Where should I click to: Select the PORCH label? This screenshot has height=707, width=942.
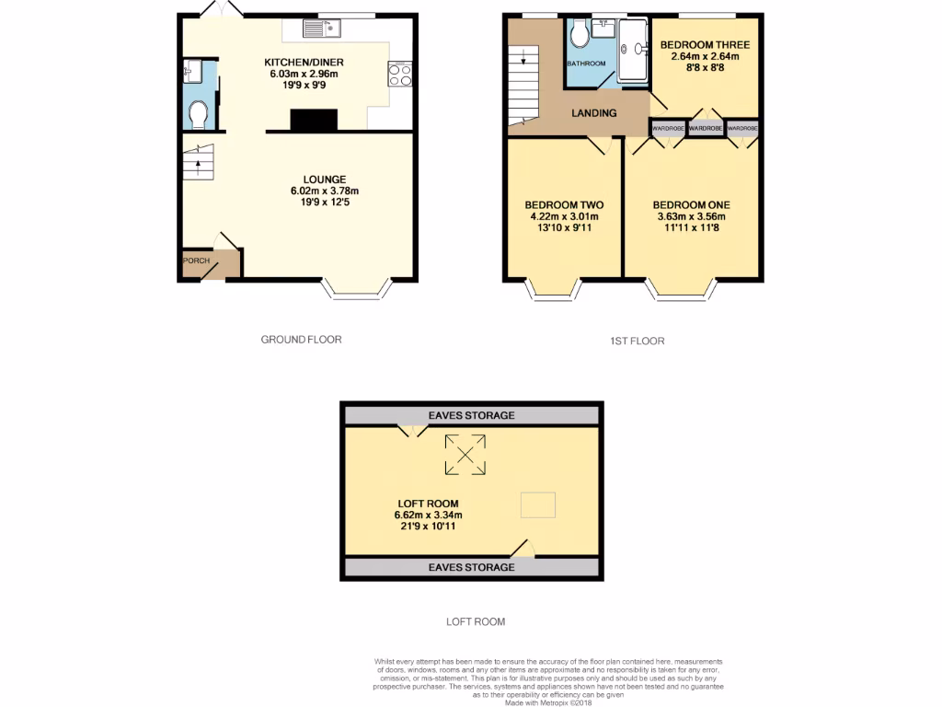click(x=196, y=261)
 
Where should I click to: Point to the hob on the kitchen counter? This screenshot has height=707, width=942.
click(x=401, y=73)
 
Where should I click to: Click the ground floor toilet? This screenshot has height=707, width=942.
click(x=197, y=114)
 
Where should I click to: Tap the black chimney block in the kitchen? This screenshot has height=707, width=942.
click(x=314, y=121)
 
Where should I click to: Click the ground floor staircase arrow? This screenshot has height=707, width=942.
click(x=196, y=165)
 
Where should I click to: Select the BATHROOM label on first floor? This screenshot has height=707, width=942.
click(x=586, y=64)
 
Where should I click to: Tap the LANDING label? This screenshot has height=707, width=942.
click(x=593, y=113)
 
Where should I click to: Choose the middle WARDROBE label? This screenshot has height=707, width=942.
click(x=705, y=129)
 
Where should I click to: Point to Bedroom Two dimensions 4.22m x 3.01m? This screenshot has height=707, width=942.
click(x=563, y=216)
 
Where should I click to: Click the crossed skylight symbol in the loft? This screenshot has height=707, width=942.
click(x=465, y=455)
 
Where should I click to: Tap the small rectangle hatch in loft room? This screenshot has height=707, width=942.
click(x=538, y=504)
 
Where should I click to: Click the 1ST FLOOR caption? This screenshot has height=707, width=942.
click(x=637, y=341)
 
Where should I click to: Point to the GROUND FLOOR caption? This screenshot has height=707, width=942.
click(x=301, y=340)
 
